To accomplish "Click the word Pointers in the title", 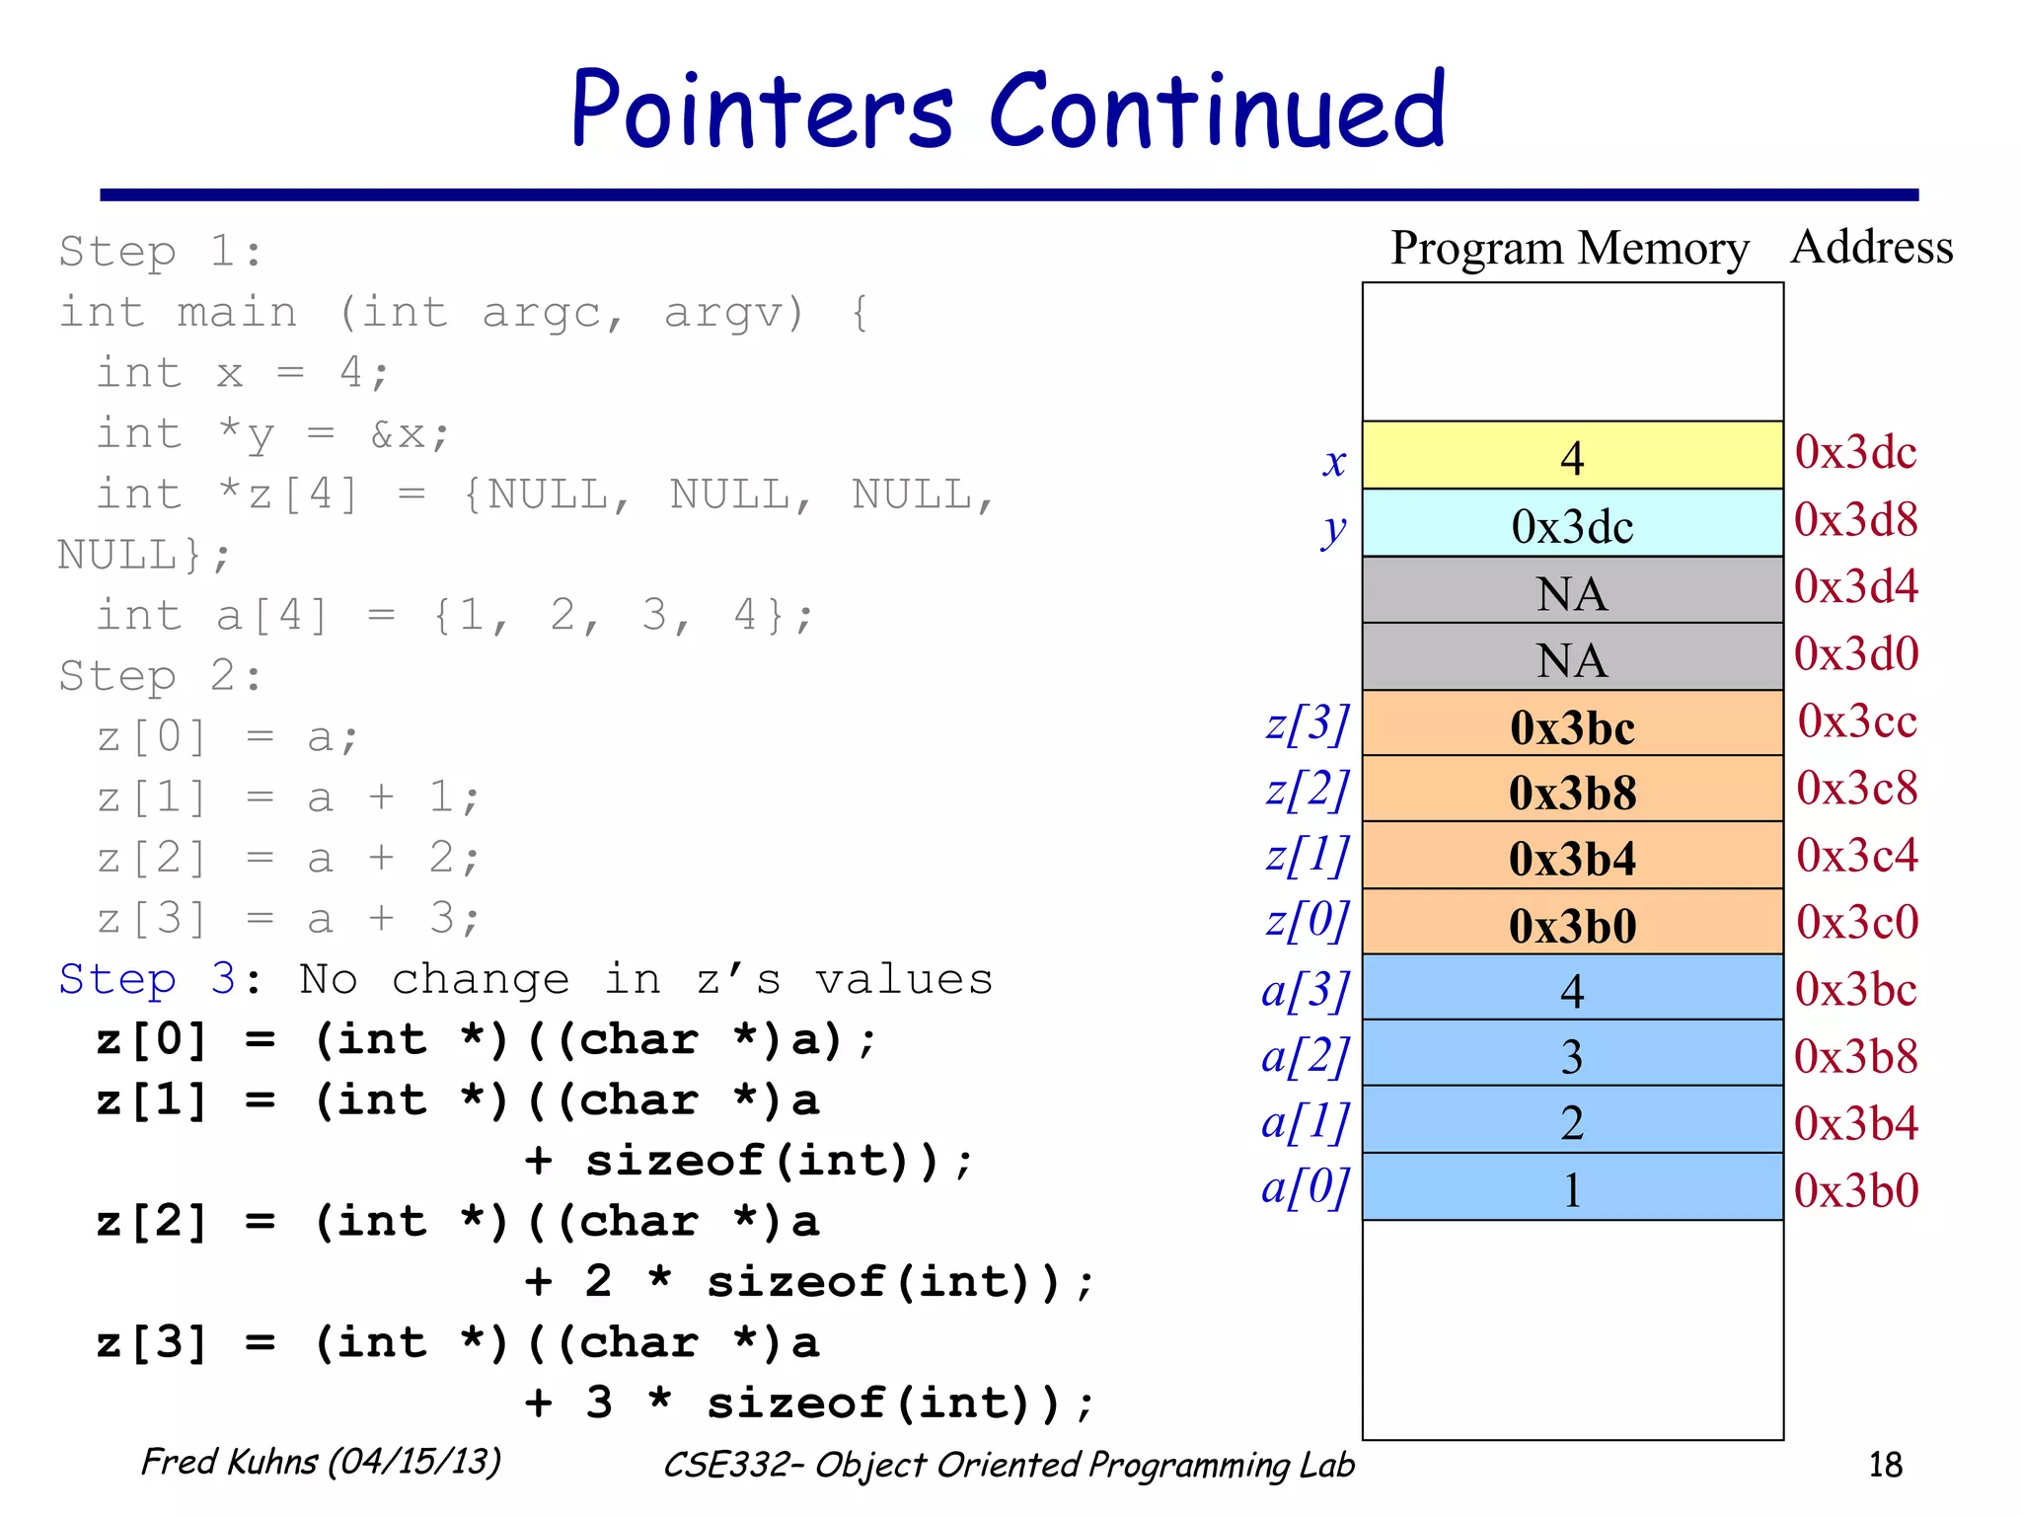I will [x=762, y=111].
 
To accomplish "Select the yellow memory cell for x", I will [x=1572, y=456].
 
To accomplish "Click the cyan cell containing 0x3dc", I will [x=1572, y=524].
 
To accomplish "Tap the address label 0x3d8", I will [x=1855, y=520].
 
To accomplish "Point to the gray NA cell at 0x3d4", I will [x=1572, y=591].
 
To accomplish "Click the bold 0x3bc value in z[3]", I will [x=1572, y=727].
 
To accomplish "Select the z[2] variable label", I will [x=1307, y=790].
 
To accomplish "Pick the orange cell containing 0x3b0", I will [x=1572, y=925].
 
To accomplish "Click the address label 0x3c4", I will [x=1856, y=855].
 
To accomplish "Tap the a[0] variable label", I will [x=1305, y=1188].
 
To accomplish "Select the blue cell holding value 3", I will [x=1572, y=1055].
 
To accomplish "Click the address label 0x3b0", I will [x=1856, y=1190].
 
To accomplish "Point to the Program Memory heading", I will [x=1569, y=248].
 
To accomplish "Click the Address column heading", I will [x=1871, y=247].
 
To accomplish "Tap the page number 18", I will [x=1885, y=1465].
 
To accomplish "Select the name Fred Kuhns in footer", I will [x=229, y=1462].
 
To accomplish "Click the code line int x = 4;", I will [x=243, y=373].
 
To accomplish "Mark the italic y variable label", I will [x=1333, y=530].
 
